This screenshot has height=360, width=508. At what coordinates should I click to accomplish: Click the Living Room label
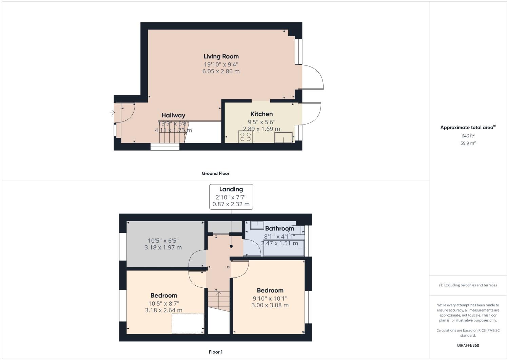tap(221, 56)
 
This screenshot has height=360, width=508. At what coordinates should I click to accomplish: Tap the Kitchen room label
tap(261, 114)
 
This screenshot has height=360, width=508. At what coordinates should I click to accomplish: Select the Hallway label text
tap(173, 115)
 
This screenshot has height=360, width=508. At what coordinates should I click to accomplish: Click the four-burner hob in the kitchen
tap(246, 137)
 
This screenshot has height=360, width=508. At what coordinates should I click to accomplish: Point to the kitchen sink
tap(284, 137)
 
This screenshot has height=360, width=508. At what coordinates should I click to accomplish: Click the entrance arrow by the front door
tap(112, 113)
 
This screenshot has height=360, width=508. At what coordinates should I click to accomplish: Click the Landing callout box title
tap(231, 189)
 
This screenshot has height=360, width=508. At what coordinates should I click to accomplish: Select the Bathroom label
tap(279, 228)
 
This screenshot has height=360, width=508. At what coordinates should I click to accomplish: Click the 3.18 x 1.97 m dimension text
tap(163, 248)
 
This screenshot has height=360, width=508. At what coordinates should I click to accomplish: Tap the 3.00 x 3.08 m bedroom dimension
tap(270, 305)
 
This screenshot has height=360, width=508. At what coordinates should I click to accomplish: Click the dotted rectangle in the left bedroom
tap(188, 323)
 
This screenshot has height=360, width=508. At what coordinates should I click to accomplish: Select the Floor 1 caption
tap(216, 352)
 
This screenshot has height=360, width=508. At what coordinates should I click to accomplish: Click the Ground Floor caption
tap(216, 173)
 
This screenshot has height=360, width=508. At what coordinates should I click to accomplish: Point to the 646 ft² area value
tap(468, 136)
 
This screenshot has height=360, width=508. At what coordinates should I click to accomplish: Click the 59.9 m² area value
tap(468, 143)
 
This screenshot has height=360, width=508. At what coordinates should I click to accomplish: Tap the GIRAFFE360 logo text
tap(468, 346)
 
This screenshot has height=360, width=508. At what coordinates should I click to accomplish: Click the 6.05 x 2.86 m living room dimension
tap(221, 72)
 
